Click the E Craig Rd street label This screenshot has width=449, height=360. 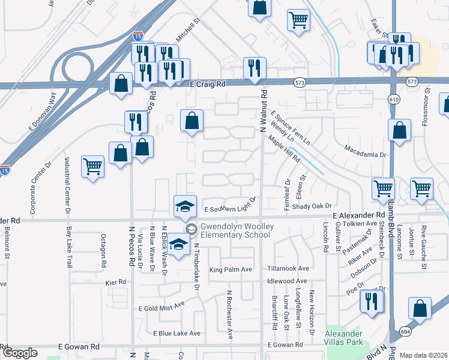(208, 85)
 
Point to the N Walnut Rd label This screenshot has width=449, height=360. (263, 112)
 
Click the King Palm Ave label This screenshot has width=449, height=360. (230, 270)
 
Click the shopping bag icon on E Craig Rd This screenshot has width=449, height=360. (121, 83)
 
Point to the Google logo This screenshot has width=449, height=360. (20, 353)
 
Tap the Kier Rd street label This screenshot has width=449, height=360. (115, 281)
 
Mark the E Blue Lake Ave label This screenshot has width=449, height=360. (176, 333)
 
